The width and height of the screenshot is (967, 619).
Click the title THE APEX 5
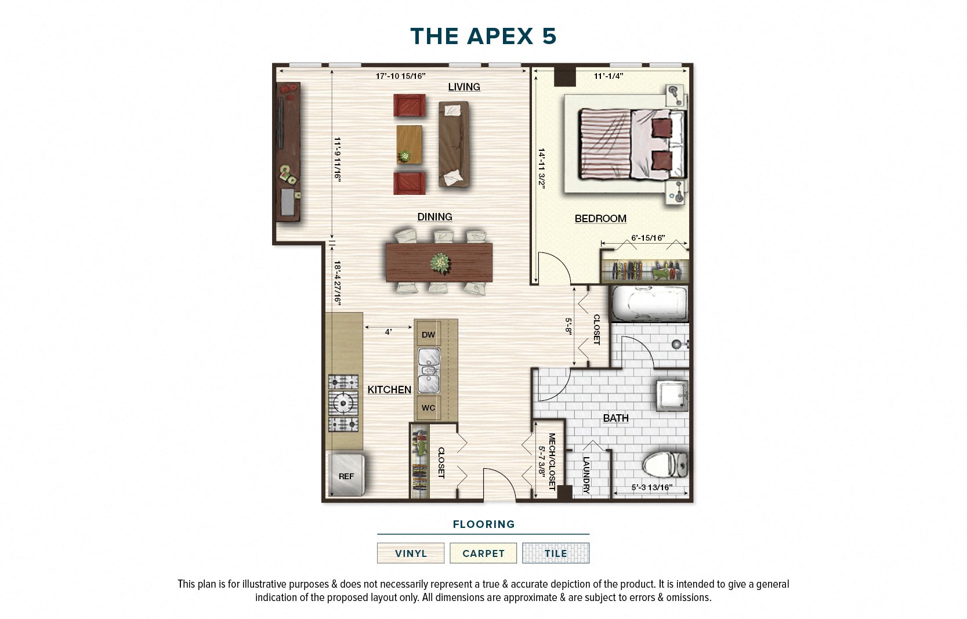coord(483,37)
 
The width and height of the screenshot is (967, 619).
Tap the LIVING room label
coord(463,87)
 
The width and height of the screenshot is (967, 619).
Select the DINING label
coord(434,217)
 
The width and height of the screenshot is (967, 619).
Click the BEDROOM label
coord(600,219)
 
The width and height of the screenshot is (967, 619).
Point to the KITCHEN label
coord(389,390)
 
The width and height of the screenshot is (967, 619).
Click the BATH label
coord(615,418)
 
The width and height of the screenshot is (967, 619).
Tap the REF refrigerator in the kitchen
coord(346,476)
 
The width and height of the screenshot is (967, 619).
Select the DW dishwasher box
coord(428,335)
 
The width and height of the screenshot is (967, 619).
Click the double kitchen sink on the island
coord(429,371)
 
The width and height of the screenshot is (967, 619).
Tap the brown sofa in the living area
coord(453,144)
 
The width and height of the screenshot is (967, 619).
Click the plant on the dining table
coord(440,263)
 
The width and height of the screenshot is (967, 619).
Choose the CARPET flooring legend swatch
coord(483,553)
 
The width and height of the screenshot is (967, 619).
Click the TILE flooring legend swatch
coord(555,553)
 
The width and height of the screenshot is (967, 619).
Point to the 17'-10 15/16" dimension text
coord(400,76)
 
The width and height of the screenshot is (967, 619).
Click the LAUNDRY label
coord(586,475)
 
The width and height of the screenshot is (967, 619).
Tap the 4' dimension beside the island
coord(388,332)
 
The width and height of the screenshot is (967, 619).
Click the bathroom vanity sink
coord(672,394)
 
